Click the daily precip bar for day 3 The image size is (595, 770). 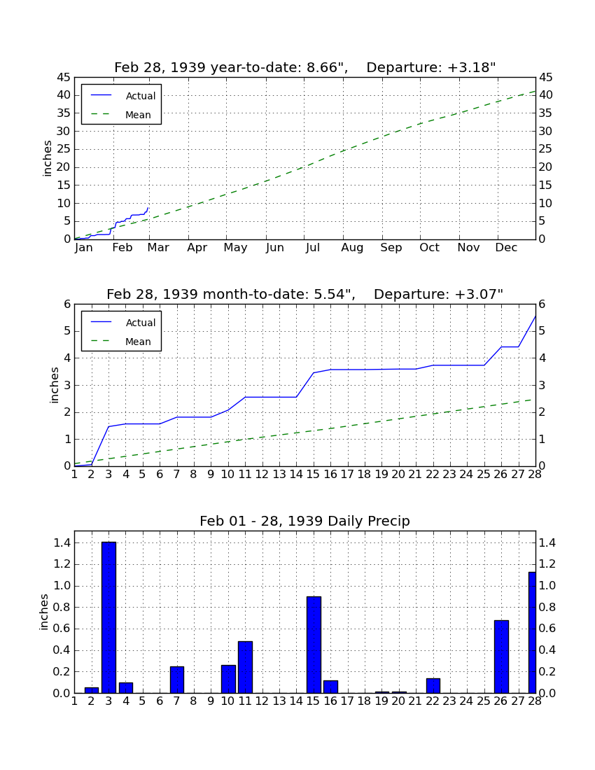108,617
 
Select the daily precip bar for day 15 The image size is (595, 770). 314,644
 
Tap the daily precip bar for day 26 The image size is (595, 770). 501,657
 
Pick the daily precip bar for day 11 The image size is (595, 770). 246,667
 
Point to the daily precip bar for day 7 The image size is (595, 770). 176,680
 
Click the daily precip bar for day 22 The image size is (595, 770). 433,685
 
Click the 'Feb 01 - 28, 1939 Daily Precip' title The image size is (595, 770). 304,521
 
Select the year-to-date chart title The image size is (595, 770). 305,67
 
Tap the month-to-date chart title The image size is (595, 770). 305,294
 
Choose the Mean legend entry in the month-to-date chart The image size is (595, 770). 121,342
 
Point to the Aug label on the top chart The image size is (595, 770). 353,248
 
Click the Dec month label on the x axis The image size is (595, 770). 506,248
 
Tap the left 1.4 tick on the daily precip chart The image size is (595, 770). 62,542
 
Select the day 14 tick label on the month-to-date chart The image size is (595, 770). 296,475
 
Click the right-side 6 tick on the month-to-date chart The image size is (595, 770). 542,304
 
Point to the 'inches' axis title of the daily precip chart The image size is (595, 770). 44,612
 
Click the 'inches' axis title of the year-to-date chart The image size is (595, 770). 48,158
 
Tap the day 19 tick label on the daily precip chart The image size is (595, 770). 381,701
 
